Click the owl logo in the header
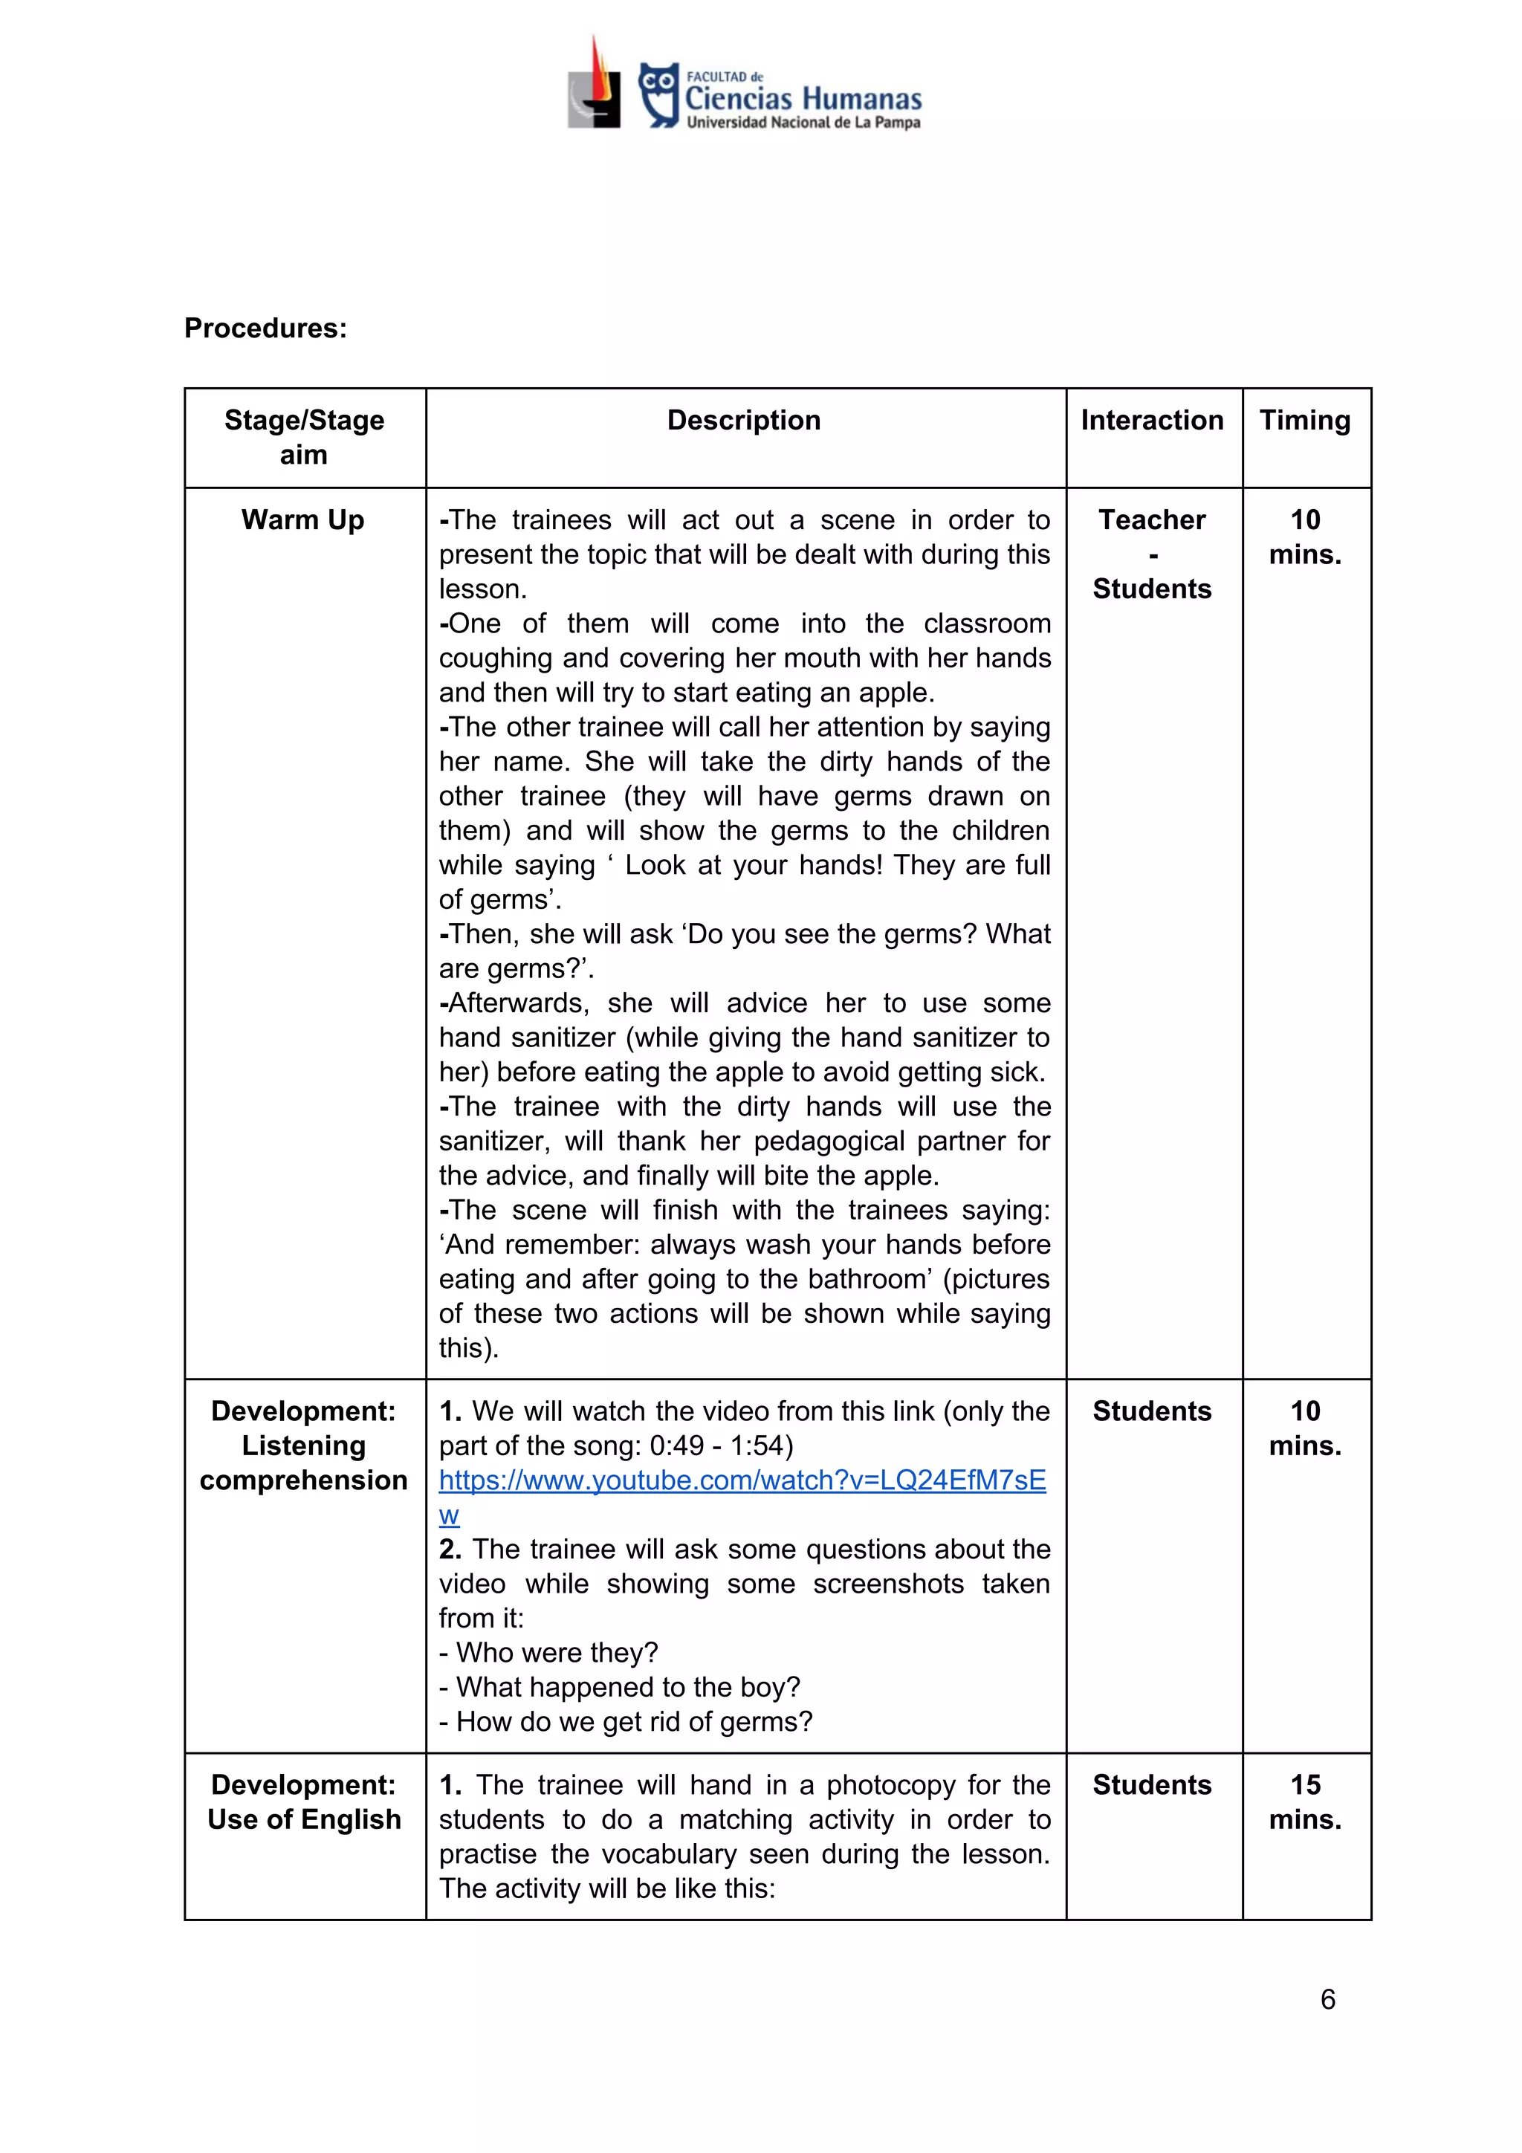(x=658, y=94)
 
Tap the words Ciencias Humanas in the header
(x=803, y=98)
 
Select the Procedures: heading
(x=265, y=328)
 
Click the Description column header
(x=744, y=420)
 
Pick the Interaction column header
(x=1152, y=420)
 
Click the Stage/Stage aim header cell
(x=304, y=437)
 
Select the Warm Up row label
(x=303, y=519)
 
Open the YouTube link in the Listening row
(x=742, y=1480)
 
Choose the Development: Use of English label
(x=304, y=1801)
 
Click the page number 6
(x=1327, y=1999)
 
